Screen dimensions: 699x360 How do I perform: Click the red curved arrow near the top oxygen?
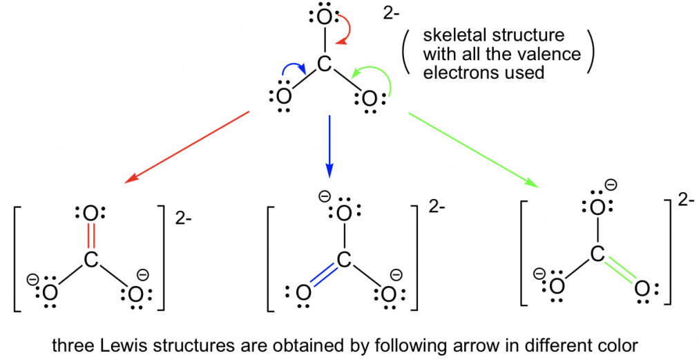coord(349,28)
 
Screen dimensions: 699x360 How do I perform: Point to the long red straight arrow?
coord(186,147)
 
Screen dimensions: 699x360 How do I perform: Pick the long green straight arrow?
coord(474,151)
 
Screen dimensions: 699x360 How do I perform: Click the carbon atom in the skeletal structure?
coord(325,64)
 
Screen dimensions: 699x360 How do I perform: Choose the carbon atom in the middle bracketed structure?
coord(344,259)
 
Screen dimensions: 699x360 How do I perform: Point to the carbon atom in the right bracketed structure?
coord(597,254)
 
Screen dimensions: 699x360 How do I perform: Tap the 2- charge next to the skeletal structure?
coord(391,13)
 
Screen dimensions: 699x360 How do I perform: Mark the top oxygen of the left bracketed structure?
coord(90,214)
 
